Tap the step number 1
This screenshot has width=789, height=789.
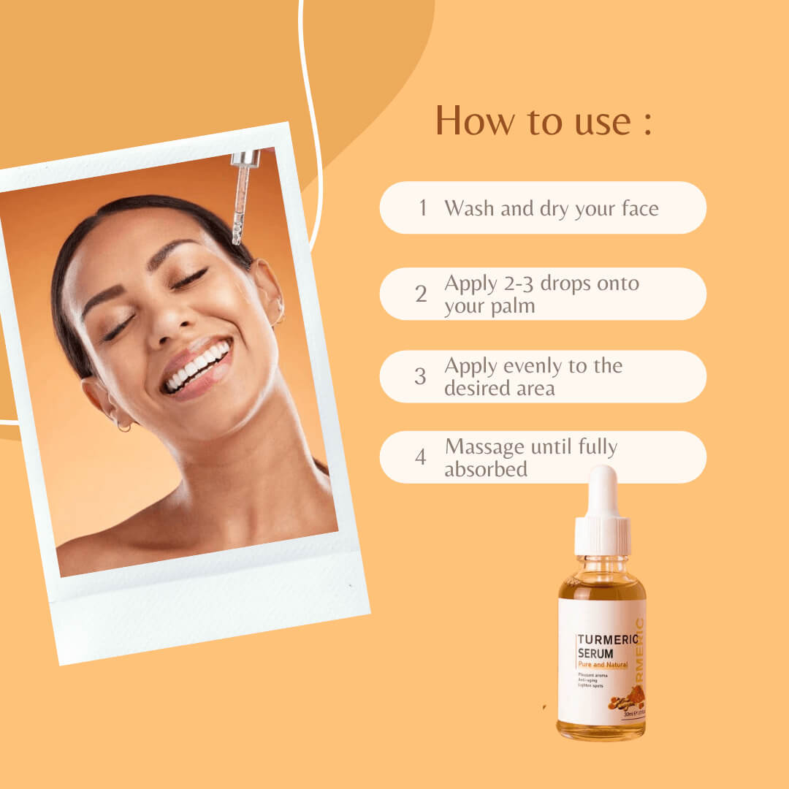click(x=422, y=207)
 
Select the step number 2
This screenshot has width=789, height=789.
click(x=421, y=294)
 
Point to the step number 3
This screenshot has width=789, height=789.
click(x=420, y=376)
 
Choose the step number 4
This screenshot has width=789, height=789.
click(x=421, y=457)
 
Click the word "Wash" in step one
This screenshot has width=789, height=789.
click(x=469, y=208)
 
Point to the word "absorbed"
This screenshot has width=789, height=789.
click(x=486, y=469)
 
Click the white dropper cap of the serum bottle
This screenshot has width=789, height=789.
click(x=602, y=511)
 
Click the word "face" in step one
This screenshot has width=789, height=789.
click(x=638, y=208)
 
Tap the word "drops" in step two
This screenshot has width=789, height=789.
click(x=563, y=283)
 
